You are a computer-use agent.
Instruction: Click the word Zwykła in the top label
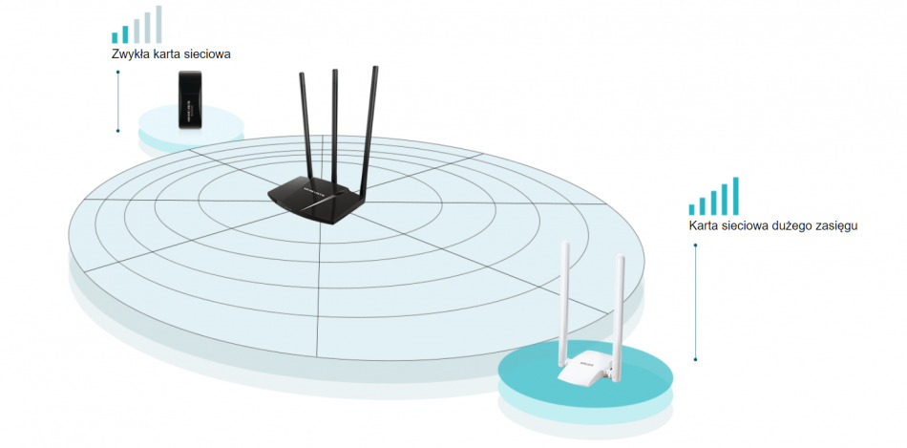pos(131,54)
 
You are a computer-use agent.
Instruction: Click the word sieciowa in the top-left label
pos(206,54)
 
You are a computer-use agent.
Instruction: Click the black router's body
pos(316,201)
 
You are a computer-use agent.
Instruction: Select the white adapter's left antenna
pos(565,296)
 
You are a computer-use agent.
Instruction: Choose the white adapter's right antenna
pos(620,301)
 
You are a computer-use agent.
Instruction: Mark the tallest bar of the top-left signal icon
pos(158,24)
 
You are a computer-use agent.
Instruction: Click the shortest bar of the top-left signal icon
pos(115,38)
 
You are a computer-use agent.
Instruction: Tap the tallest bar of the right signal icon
pos(735,196)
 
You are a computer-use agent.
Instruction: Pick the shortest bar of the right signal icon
pos(692,208)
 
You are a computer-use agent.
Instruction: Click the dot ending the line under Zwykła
pos(117,130)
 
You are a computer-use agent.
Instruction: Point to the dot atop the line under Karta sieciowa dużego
pos(695,245)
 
